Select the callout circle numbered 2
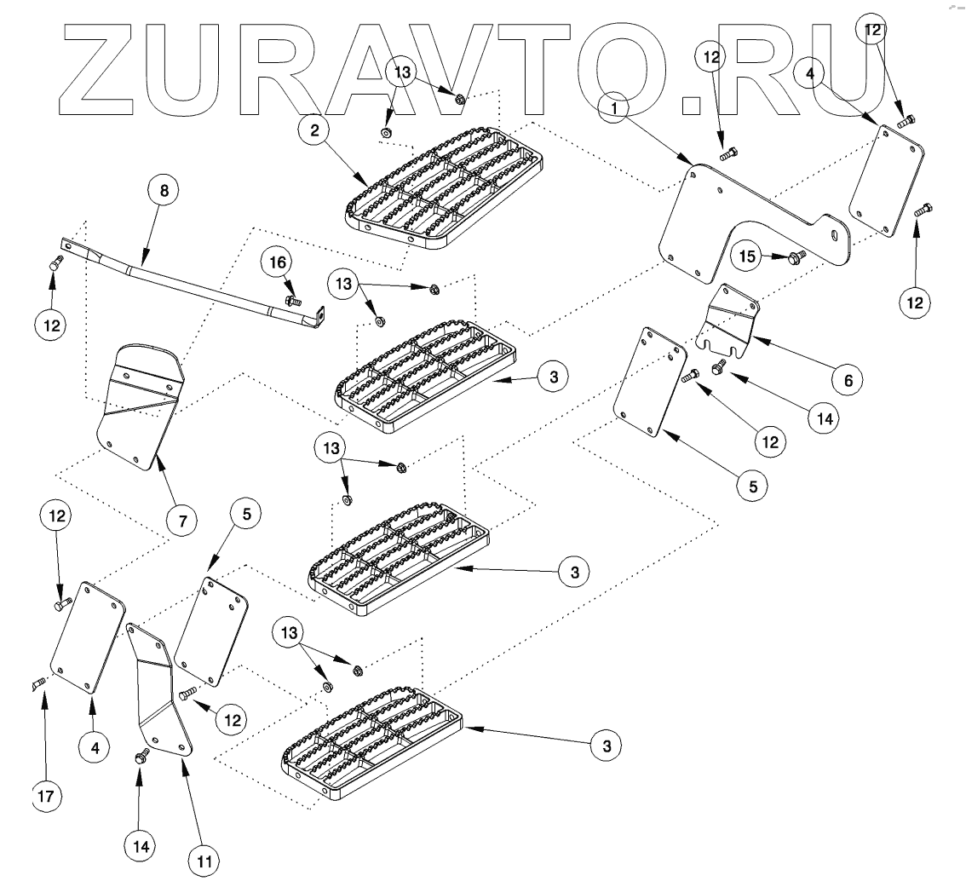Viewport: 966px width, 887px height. coord(314,130)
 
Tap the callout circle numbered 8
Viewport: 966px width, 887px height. coord(164,191)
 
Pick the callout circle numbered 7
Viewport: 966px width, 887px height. coord(182,517)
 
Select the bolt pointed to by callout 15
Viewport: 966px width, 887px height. coord(797,256)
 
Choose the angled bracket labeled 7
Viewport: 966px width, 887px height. coord(141,405)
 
